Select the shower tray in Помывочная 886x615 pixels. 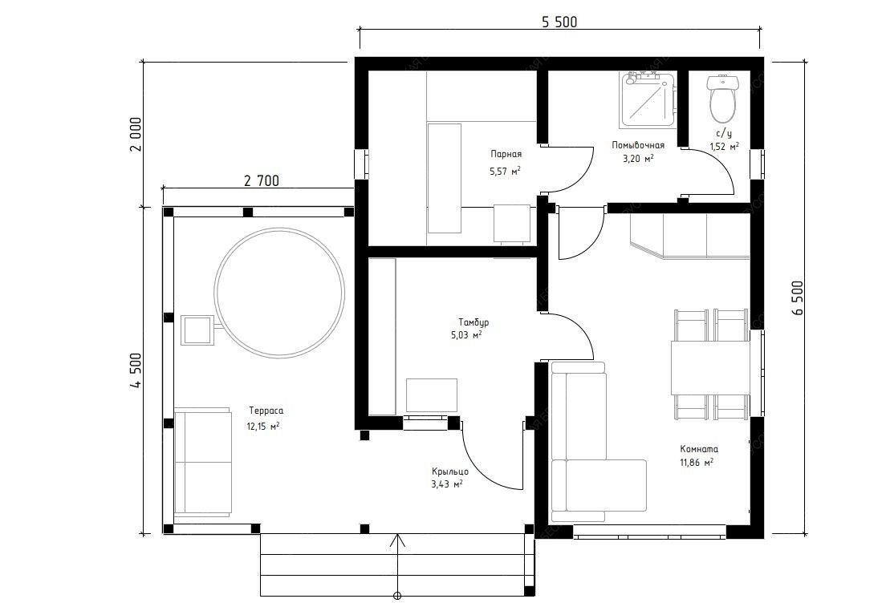[x=648, y=99]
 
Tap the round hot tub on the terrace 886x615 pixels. [x=280, y=292]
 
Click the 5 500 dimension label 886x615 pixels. [x=559, y=22]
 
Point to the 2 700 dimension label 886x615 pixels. [x=261, y=180]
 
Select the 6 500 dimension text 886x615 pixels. [x=797, y=298]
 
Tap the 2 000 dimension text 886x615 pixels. [x=135, y=135]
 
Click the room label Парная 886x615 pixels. [x=506, y=154]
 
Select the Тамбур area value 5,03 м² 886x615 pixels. [x=466, y=335]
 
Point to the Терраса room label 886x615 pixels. [x=266, y=411]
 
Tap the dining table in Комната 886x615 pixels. [x=710, y=367]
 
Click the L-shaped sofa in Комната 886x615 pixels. [x=587, y=440]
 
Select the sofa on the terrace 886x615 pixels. [x=203, y=462]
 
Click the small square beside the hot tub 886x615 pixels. [x=197, y=330]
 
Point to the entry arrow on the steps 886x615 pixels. [x=398, y=565]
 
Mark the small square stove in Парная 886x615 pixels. [x=512, y=224]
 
